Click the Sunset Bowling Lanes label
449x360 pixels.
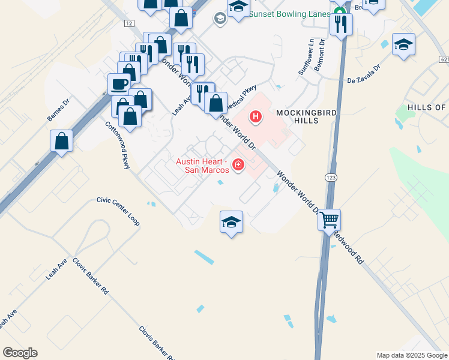coord(289,14)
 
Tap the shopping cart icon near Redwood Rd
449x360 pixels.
coord(329,220)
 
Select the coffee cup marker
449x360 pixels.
coord(119,84)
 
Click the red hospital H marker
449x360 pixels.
coord(256,116)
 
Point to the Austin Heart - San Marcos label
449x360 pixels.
coord(202,166)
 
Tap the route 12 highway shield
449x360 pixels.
coord(129,23)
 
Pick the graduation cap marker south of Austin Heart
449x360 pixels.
coord(232,222)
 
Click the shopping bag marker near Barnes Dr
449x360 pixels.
coord(62,142)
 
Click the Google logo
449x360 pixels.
coord(20,353)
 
